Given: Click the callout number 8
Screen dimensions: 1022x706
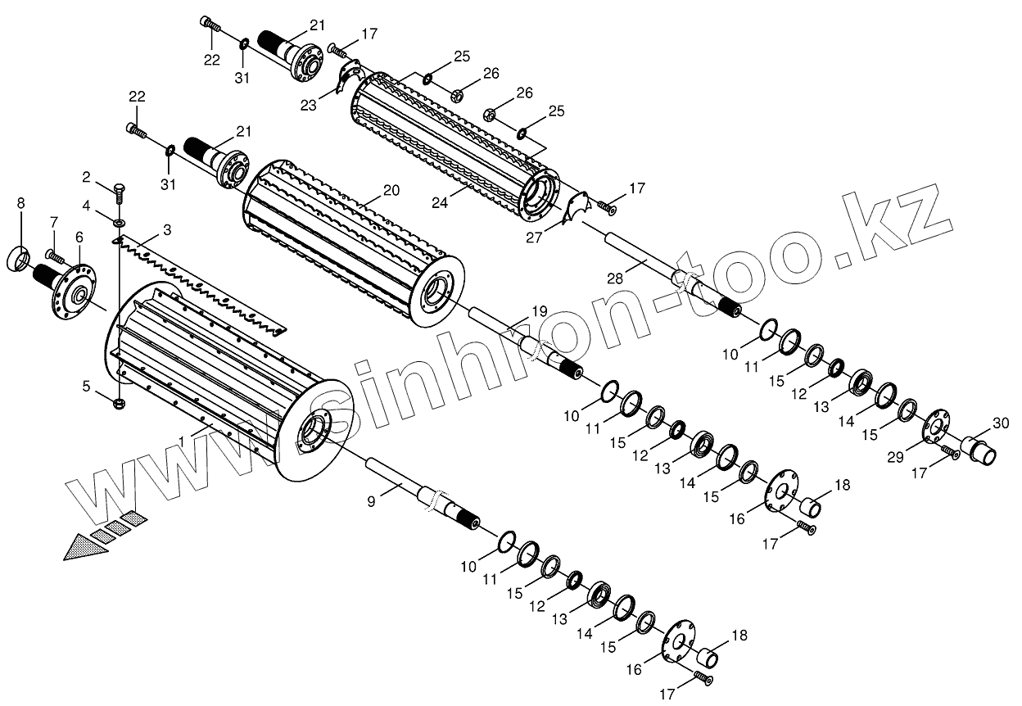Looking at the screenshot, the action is (x=20, y=202).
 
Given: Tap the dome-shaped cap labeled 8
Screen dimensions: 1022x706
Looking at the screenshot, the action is (x=20, y=259).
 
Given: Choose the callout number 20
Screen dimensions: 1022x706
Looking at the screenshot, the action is (x=391, y=190).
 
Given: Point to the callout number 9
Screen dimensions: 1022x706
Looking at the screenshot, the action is (x=372, y=501).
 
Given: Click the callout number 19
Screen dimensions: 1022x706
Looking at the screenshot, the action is (x=539, y=311).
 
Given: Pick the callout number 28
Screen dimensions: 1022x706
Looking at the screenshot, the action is (x=616, y=278).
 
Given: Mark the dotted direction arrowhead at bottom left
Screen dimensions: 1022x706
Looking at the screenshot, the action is (x=86, y=546).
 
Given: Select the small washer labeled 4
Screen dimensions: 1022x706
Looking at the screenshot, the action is (x=120, y=222).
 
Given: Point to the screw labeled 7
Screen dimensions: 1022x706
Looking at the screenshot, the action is (x=56, y=256).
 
